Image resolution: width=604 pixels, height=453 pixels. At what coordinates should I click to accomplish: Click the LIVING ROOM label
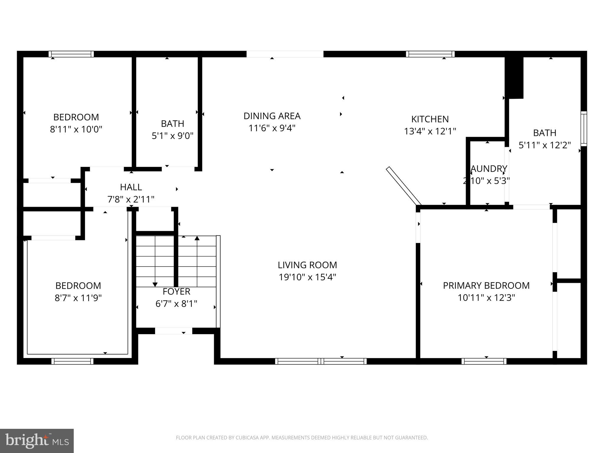tap(307, 265)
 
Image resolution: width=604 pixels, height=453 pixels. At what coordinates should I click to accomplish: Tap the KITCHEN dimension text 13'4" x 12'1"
tap(430, 131)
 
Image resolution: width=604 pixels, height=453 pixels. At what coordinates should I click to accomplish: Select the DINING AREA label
tap(272, 116)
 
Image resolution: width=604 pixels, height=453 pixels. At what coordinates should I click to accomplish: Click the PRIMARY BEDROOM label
tap(486, 285)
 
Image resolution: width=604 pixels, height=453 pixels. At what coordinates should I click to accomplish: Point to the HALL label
tap(131, 187)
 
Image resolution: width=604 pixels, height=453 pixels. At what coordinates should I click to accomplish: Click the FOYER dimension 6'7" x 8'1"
tap(176, 303)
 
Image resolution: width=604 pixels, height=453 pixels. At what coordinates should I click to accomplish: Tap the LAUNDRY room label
tap(489, 169)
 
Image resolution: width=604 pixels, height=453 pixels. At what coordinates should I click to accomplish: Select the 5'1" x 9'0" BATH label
tap(173, 124)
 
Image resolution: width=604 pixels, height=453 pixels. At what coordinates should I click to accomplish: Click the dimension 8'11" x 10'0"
tap(76, 129)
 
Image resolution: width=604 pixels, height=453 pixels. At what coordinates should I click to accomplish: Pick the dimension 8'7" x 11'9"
tap(78, 298)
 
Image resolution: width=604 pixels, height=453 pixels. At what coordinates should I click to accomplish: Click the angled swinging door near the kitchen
tap(403, 186)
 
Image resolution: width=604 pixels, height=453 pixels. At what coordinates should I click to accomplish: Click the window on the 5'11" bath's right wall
tap(584, 129)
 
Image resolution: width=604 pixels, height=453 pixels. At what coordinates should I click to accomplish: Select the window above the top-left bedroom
tap(71, 54)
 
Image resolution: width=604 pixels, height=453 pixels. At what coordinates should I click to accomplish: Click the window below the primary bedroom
tap(484, 361)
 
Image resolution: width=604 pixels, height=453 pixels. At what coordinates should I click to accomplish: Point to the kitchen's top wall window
tap(430, 54)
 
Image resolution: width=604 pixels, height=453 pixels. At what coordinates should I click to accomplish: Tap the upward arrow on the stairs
tap(197, 238)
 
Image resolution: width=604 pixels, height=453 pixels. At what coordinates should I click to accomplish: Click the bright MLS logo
tap(37, 441)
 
